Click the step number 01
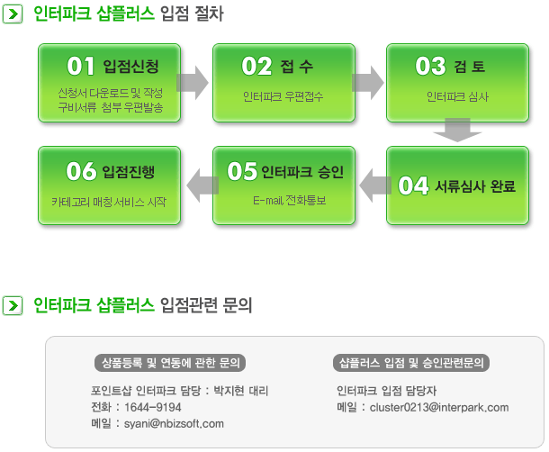[80, 66]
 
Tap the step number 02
[256, 66]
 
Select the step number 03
[431, 66]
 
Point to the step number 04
[413, 185]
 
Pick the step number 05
[242, 171]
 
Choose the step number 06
[81, 171]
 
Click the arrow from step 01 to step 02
[193, 83]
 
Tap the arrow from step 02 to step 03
[367, 83]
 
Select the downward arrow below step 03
[457, 130]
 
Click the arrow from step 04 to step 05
[375, 185]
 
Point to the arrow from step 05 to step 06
[202, 185]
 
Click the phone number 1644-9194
[153, 407]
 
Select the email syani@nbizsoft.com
[174, 423]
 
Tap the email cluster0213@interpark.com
[439, 407]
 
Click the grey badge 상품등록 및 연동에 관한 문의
[170, 363]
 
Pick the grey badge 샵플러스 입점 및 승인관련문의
[411, 363]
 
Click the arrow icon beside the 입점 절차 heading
[13, 14]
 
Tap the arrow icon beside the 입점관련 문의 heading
[13, 305]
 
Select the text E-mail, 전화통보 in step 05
[290, 201]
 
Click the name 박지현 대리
[241, 391]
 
